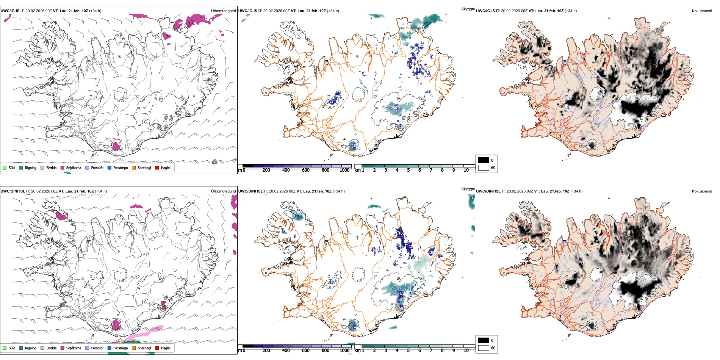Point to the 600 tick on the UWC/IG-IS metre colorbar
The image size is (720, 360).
pyautogui.click(x=305, y=170)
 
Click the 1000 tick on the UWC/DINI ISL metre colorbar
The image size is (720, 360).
pyautogui.click(x=344, y=351)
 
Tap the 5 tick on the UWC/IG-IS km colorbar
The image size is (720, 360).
pyautogui.click(x=408, y=170)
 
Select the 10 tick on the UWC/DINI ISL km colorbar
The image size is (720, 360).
pyautogui.click(x=466, y=351)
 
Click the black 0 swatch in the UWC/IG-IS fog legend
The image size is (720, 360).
pyautogui.click(x=484, y=160)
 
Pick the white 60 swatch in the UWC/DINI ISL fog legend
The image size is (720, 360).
pyautogui.click(x=484, y=348)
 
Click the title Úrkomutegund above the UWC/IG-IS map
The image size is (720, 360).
pyautogui.click(x=223, y=11)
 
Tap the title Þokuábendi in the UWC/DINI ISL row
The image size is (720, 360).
pyautogui.click(x=702, y=191)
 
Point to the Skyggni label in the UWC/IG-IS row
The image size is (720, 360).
pyautogui.click(x=468, y=9)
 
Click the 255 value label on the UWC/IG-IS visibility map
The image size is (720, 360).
pyautogui.click(x=394, y=108)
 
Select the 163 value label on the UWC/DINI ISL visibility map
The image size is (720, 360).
pyautogui.click(x=401, y=294)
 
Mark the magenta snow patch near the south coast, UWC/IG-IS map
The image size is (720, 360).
pyautogui.click(x=116, y=146)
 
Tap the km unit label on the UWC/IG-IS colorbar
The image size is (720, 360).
pyautogui.click(x=357, y=170)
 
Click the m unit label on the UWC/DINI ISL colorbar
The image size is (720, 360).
pyautogui.click(x=239, y=351)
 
